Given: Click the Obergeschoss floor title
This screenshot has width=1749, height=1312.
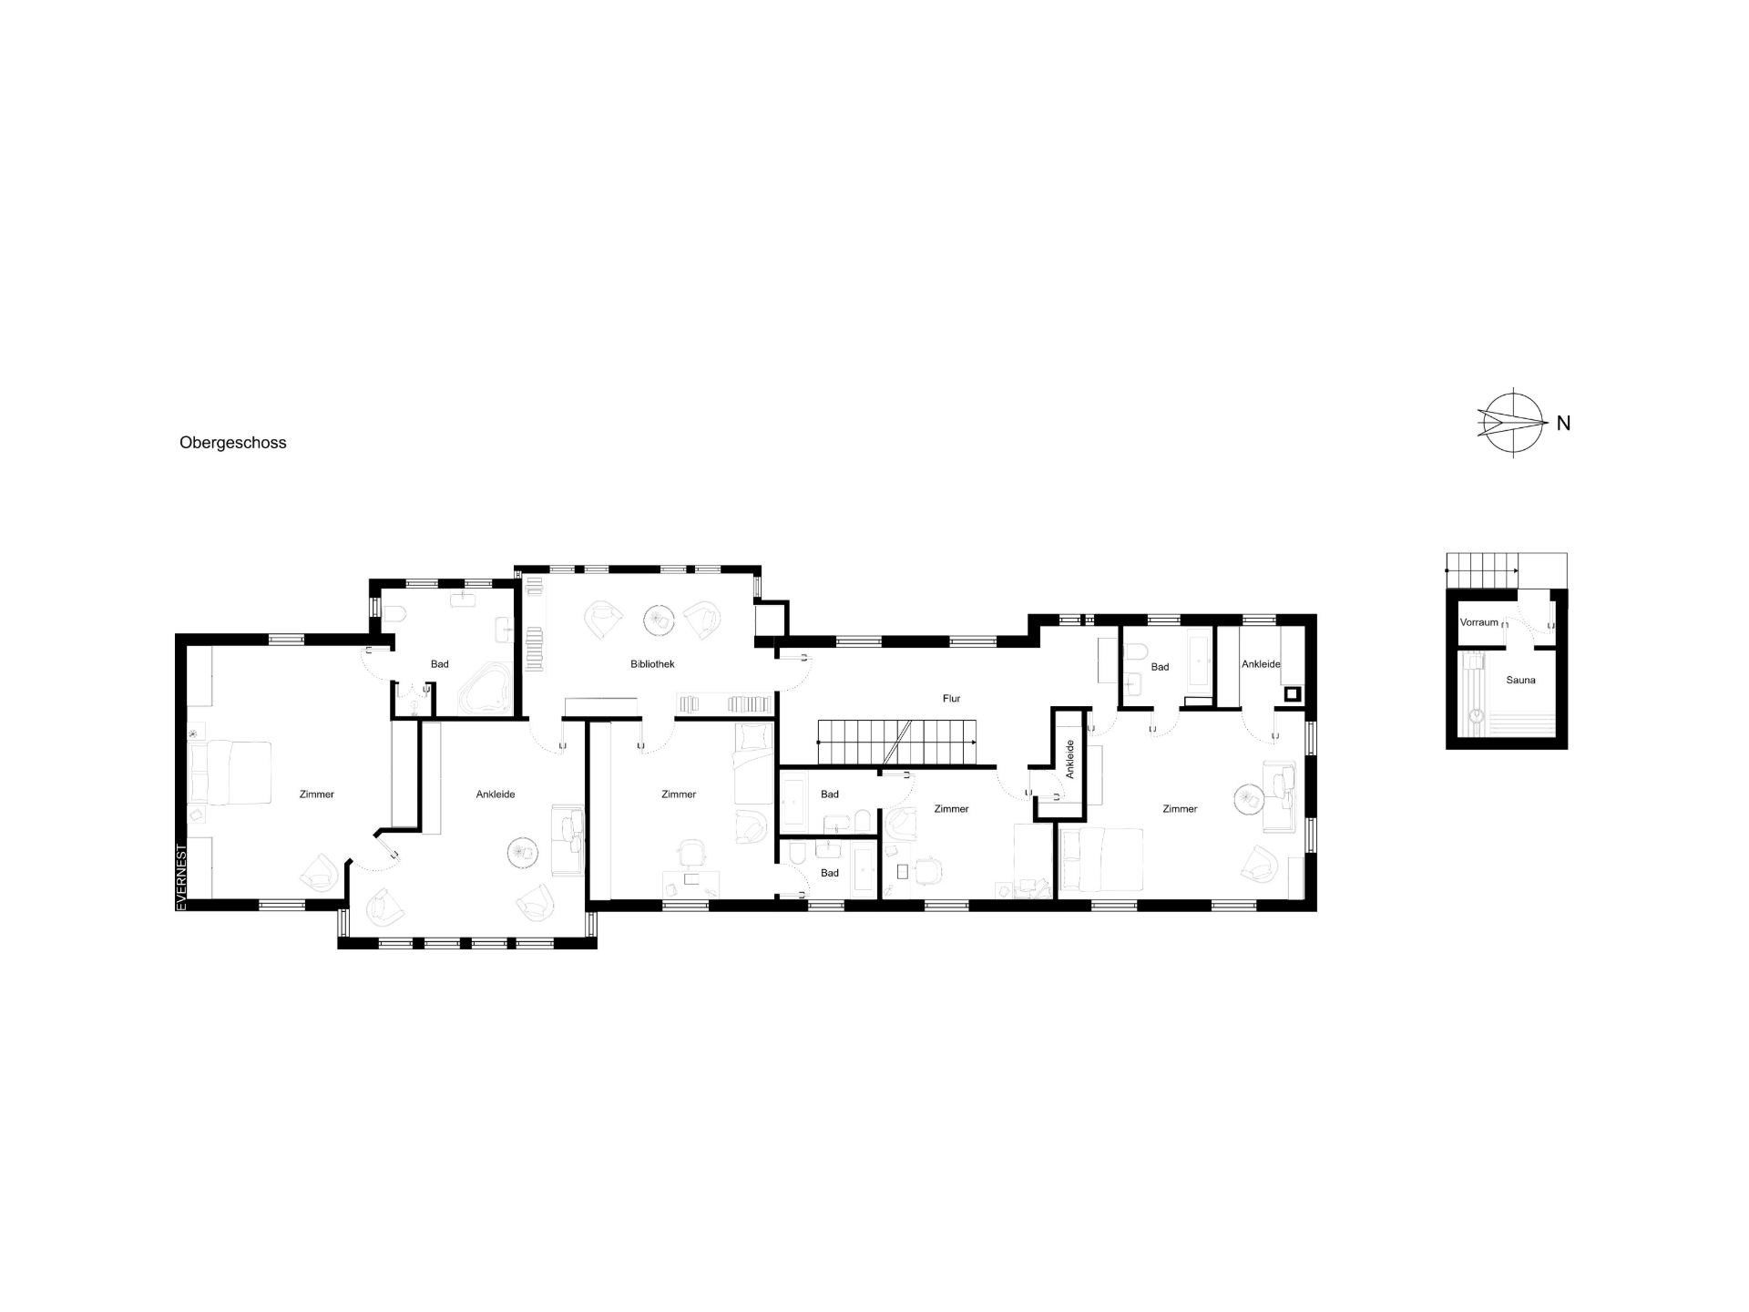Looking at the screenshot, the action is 233,443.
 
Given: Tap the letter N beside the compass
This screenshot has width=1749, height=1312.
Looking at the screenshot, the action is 1563,423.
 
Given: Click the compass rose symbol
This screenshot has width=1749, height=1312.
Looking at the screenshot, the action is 1512,423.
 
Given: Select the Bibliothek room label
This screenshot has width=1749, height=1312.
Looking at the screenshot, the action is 652,664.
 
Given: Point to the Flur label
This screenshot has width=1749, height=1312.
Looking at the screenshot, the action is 951,699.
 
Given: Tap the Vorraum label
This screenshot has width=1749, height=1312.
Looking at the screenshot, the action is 1478,622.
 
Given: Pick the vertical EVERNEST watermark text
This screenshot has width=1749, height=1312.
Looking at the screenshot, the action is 181,876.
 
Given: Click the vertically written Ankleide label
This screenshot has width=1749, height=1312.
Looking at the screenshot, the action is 1070,758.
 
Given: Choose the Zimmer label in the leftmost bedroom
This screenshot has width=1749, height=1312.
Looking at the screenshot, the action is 316,794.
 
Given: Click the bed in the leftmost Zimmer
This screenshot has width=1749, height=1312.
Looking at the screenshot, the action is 230,773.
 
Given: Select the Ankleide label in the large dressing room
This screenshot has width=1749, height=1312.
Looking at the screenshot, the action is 496,794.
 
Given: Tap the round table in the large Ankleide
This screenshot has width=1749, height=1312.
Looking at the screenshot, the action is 523,852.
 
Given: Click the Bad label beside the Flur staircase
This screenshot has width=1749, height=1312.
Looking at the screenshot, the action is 829,794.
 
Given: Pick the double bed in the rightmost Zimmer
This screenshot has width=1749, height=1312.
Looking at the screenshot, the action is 1100,859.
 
